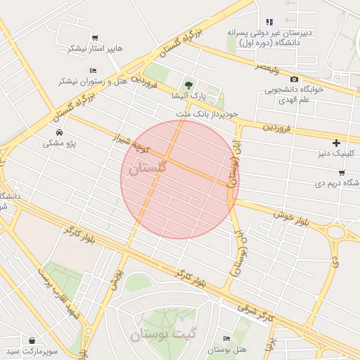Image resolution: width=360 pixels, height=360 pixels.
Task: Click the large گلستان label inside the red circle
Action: (x=144, y=169)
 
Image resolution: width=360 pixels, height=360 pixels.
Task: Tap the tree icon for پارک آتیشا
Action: (x=186, y=84)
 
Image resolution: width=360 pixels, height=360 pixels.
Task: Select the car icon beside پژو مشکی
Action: (x=58, y=133)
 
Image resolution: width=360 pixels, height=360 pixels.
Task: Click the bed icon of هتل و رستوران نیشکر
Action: (x=93, y=71)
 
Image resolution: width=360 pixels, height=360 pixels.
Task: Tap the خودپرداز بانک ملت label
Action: (x=207, y=112)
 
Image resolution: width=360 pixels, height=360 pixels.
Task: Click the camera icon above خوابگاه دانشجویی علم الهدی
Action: (x=294, y=79)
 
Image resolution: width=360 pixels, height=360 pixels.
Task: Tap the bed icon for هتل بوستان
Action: (x=226, y=339)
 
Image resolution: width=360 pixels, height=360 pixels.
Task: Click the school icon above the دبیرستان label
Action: (x=269, y=21)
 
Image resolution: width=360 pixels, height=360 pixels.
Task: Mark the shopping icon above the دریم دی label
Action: (x=341, y=172)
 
